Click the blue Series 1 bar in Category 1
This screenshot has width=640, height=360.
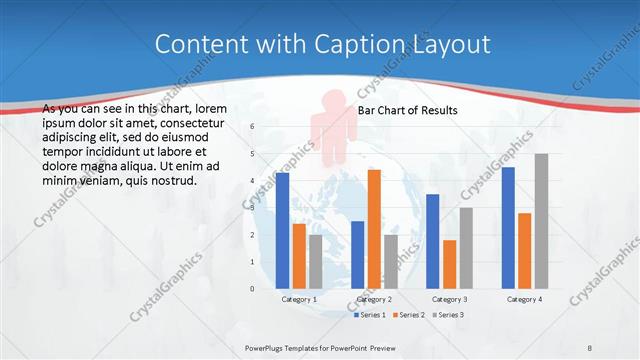tap(283, 230)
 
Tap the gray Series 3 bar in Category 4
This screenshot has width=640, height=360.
tap(541, 221)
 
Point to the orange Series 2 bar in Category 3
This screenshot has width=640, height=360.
tap(449, 264)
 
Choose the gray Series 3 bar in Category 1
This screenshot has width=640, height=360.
tap(316, 261)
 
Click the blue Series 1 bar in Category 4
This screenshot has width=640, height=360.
tap(508, 227)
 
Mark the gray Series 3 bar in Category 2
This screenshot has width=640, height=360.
tap(390, 261)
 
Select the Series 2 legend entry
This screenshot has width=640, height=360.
tap(410, 315)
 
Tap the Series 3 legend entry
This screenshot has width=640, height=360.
tap(450, 315)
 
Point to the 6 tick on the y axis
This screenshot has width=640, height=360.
tap(252, 126)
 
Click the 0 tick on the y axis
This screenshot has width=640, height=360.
tap(252, 289)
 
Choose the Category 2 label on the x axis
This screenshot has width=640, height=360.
tap(374, 299)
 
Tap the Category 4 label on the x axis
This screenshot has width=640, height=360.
tap(524, 299)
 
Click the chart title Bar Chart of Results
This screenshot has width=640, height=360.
tap(407, 110)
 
